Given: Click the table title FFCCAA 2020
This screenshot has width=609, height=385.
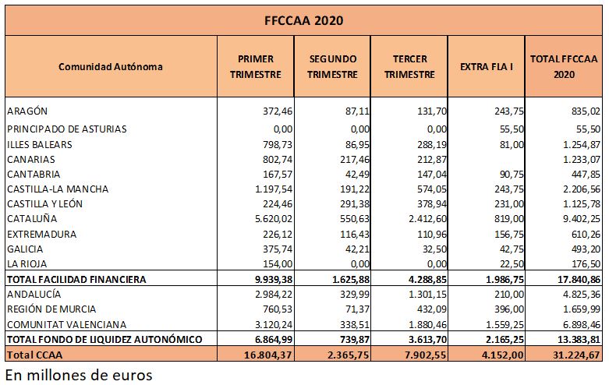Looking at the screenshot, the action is click(304, 20).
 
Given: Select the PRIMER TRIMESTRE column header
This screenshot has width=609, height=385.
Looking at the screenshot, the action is click(256, 66).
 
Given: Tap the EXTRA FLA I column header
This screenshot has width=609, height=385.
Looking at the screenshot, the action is click(487, 67).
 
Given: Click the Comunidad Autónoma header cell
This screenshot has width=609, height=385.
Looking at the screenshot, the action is click(111, 67).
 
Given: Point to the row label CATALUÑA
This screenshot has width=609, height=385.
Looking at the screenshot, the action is click(32, 219).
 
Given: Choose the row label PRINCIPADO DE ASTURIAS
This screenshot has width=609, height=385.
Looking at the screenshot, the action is click(67, 129).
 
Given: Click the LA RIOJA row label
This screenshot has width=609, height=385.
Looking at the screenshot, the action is click(27, 264).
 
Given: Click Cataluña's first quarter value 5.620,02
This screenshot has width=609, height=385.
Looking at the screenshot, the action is click(274, 219).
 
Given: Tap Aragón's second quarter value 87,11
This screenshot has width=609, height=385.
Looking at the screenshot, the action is click(357, 111).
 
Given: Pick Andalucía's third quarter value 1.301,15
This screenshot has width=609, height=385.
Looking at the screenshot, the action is click(427, 295).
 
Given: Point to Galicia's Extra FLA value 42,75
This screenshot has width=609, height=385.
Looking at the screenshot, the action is click(512, 249).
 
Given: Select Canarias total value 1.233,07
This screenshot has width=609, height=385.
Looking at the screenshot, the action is click(582, 160).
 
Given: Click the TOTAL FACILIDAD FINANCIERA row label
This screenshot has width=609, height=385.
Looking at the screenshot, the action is click(76, 280).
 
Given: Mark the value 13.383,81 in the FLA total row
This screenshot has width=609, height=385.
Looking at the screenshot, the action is click(579, 340).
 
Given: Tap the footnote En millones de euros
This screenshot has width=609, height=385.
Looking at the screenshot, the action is click(79, 376).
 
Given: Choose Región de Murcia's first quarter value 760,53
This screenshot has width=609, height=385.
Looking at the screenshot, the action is click(278, 309).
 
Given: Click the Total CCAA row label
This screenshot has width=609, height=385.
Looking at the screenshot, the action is click(34, 355).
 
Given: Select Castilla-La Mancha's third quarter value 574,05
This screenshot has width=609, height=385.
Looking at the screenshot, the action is click(432, 189).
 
